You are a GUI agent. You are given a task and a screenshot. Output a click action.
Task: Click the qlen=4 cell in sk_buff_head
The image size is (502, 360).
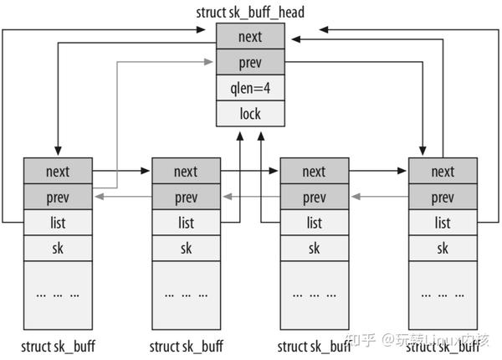250,88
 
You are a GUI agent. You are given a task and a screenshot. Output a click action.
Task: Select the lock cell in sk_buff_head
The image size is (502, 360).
250,113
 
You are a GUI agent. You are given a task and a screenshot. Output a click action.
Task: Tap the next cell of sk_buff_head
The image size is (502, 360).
250,36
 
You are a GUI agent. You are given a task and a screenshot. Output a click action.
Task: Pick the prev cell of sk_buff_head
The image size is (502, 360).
250,62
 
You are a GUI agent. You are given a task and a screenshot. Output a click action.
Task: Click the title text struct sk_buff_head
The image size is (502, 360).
250,13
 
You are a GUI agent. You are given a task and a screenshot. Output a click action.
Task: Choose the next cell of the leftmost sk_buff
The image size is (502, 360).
58,171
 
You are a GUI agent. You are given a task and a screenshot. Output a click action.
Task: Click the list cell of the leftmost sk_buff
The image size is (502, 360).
58,223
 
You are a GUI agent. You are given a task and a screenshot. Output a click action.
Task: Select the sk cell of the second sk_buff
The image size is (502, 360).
187,248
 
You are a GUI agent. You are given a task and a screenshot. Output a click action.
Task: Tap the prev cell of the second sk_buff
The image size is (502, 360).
187,197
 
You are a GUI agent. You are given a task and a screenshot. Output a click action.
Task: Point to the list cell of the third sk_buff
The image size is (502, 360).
315,223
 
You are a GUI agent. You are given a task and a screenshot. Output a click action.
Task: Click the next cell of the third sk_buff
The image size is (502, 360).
315,171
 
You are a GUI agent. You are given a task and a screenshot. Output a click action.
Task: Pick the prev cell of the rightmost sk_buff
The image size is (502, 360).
443,197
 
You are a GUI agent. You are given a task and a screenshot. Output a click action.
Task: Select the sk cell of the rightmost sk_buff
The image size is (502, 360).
443,248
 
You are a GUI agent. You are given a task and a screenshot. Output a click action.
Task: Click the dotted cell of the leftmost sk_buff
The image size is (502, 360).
58,296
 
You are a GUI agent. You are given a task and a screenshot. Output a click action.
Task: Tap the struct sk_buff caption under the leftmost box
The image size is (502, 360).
58,347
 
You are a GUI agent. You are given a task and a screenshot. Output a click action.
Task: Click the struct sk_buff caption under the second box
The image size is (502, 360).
187,347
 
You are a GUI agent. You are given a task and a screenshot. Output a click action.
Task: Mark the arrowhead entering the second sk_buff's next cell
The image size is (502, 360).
146,171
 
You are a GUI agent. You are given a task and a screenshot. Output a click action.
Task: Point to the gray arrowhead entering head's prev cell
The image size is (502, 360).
208,62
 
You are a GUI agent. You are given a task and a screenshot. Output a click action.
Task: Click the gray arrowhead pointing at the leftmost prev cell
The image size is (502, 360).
100,197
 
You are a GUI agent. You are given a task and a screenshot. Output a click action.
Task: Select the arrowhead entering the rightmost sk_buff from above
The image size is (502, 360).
423,152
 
